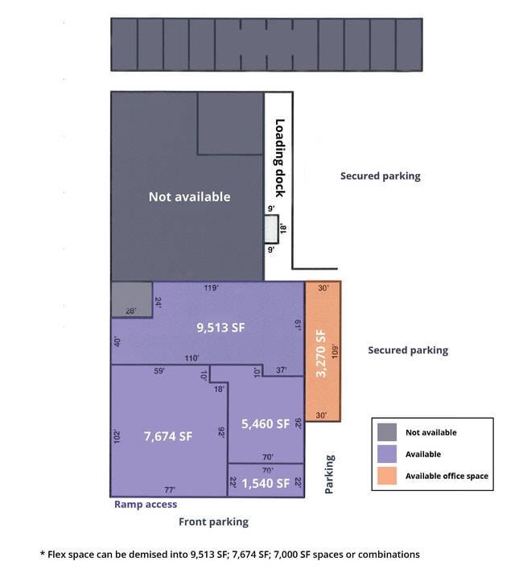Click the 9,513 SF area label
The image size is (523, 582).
point(220,328)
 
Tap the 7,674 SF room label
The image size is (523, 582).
point(168,436)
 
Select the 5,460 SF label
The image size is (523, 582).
point(266,424)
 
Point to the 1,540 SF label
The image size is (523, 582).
point(266,483)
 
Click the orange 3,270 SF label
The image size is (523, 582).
point(321,353)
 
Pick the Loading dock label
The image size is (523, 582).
point(280,158)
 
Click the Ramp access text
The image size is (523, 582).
point(146,505)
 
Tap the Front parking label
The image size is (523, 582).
point(214,522)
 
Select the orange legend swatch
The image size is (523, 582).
point(387,476)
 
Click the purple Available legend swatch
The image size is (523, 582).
point(387,454)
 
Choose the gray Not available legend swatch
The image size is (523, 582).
point(387,432)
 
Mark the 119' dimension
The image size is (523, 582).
point(212,287)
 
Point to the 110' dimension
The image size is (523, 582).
point(192,358)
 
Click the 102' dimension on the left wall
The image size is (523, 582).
point(117,436)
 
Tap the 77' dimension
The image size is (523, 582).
point(170,490)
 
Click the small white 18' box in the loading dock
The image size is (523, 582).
point(271,229)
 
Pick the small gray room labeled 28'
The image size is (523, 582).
point(132,299)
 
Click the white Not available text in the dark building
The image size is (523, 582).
point(190,196)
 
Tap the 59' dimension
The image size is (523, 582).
point(159,370)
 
